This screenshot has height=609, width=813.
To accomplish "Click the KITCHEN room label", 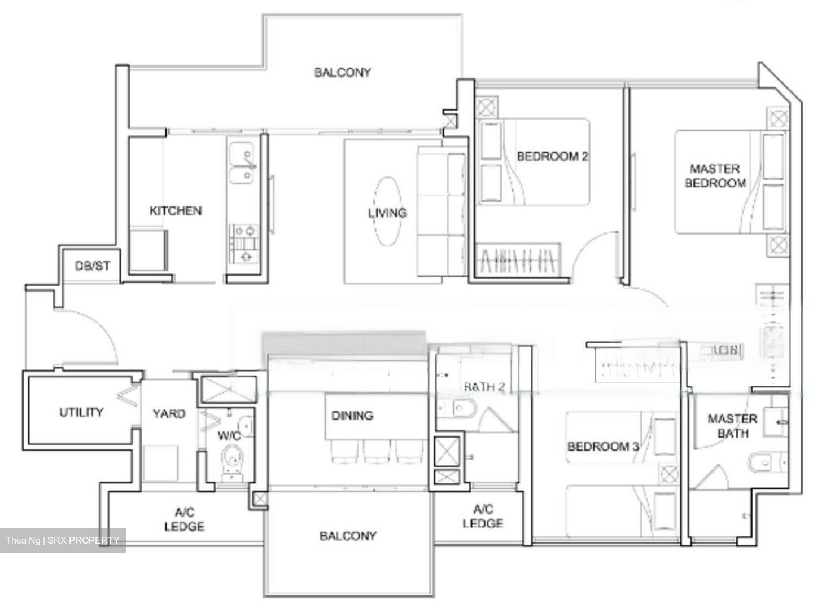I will pyautogui.click(x=175, y=211).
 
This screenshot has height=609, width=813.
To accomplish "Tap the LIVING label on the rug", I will pyautogui.click(x=387, y=213).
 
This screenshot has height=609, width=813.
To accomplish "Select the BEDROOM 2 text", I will pyautogui.click(x=552, y=156).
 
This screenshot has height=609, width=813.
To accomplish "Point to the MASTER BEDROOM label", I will pyautogui.click(x=715, y=175).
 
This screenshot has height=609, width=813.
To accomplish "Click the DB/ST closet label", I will pyautogui.click(x=93, y=266).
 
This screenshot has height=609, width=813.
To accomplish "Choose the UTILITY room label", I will pyautogui.click(x=81, y=412).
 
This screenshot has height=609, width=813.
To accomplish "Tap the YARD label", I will pyautogui.click(x=169, y=413).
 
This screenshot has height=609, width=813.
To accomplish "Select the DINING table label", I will pyautogui.click(x=352, y=416).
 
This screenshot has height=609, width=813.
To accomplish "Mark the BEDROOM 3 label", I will pyautogui.click(x=602, y=447).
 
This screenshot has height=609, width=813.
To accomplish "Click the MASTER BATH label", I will pyautogui.click(x=732, y=426).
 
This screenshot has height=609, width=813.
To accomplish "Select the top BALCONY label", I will pyautogui.click(x=343, y=72).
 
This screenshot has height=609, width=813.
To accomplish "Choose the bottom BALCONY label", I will pyautogui.click(x=348, y=536).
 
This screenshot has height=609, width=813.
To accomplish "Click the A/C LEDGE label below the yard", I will pyautogui.click(x=184, y=519).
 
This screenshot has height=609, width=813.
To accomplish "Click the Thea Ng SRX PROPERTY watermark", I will pyautogui.click(x=63, y=540).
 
